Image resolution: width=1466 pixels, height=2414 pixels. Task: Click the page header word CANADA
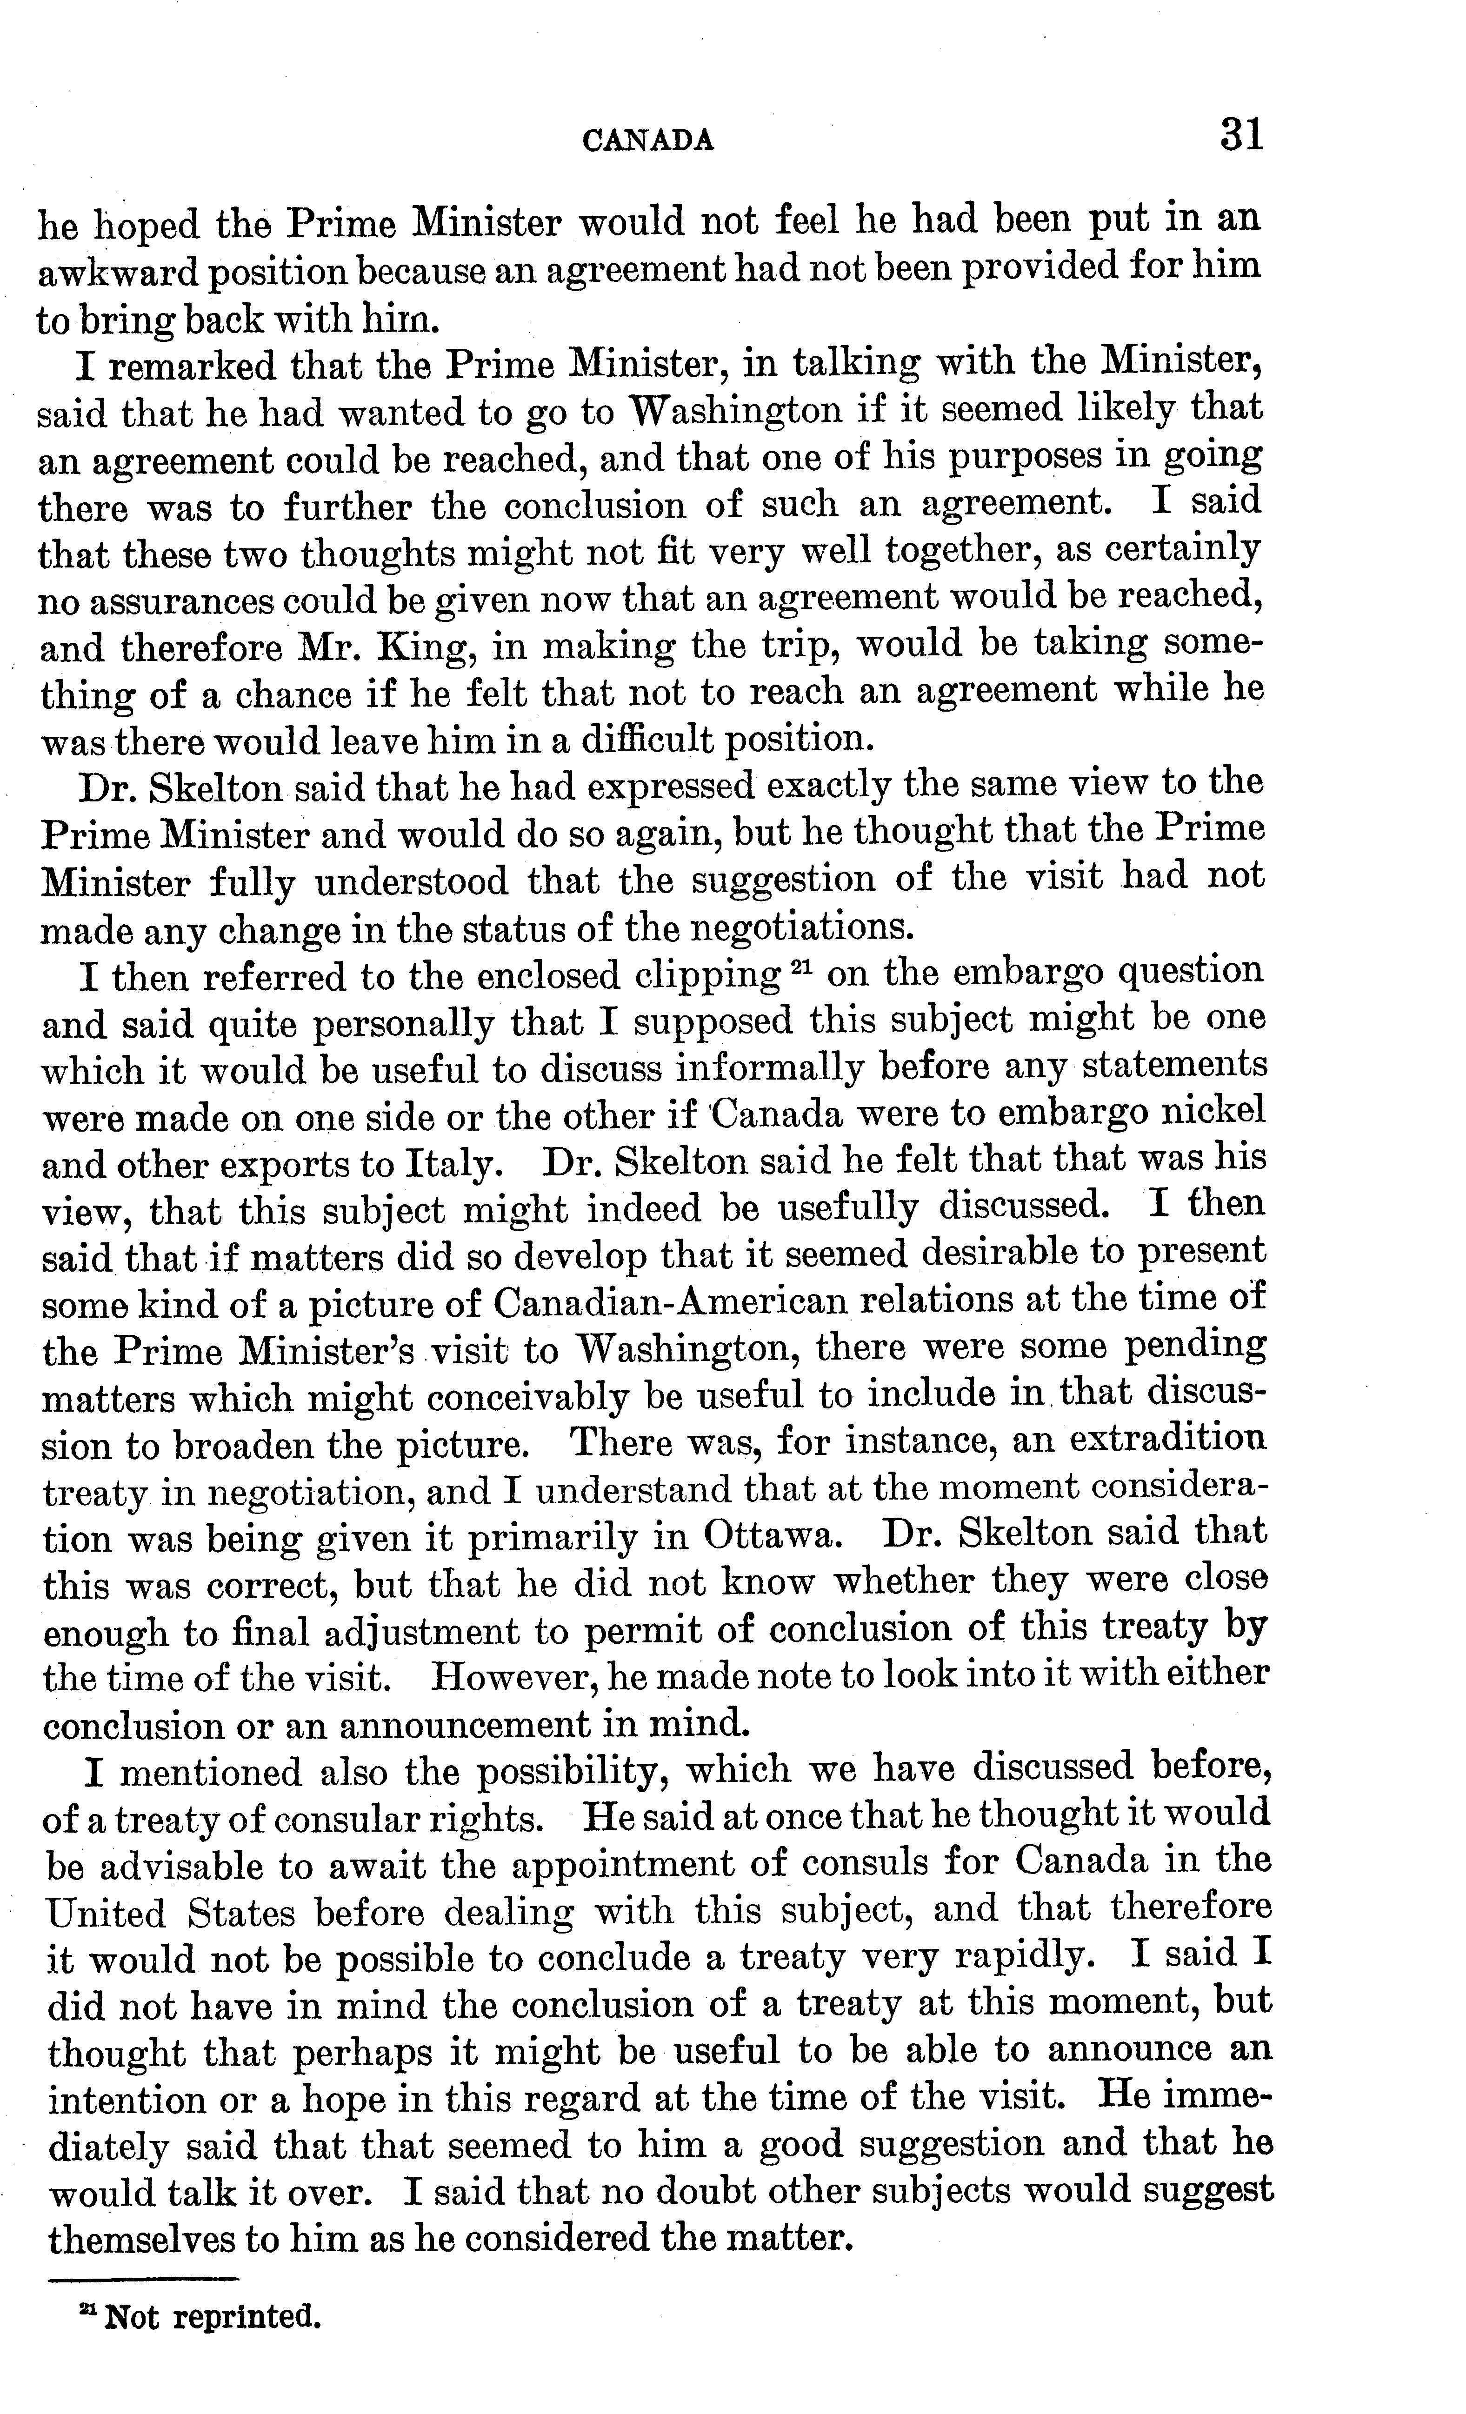tap(648, 142)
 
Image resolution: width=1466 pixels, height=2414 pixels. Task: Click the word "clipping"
tap(707, 976)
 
